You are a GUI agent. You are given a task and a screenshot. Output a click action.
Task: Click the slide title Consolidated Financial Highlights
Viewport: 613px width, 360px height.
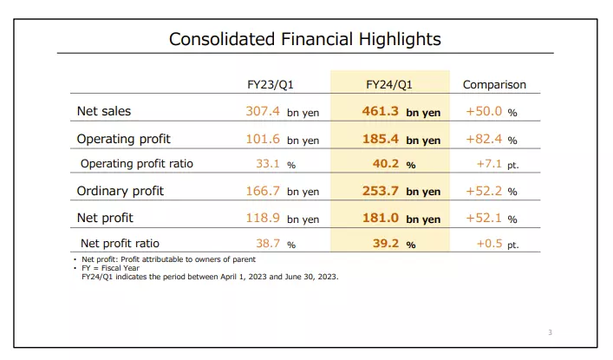point(304,39)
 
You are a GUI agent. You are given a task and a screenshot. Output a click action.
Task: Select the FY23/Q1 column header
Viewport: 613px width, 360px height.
point(276,85)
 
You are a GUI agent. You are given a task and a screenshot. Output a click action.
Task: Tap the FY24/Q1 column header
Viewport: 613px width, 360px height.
point(389,85)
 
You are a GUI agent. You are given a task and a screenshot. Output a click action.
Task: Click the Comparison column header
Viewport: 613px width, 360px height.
point(494,85)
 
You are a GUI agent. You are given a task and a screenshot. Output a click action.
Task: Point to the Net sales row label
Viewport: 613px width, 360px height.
point(104,112)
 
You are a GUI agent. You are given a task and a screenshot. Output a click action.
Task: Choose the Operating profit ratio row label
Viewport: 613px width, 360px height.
point(136,164)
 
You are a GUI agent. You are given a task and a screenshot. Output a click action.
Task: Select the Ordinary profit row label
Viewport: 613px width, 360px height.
point(120,191)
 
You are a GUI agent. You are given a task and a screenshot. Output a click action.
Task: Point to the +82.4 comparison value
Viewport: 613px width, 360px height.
point(484,139)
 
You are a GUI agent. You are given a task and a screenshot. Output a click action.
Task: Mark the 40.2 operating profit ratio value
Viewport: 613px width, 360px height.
point(387,164)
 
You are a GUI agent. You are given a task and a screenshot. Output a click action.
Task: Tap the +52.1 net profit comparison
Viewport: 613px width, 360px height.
point(484,218)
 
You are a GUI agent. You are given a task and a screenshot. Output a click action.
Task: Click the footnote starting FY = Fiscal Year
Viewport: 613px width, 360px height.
point(112,268)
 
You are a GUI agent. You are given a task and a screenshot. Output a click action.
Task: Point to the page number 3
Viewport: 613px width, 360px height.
point(550,332)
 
